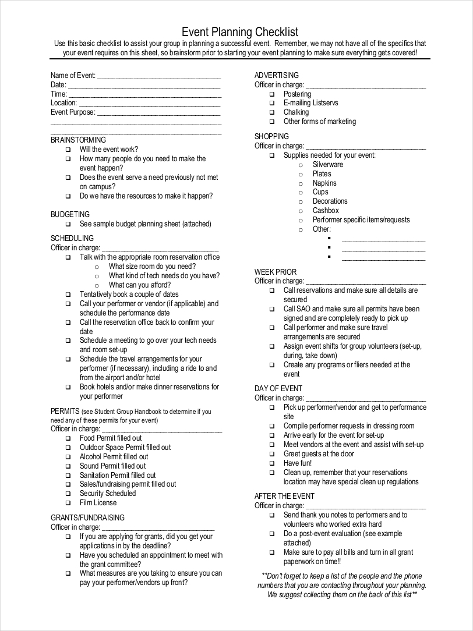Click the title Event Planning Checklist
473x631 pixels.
(x=240, y=31)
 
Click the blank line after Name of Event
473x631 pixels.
(x=158, y=76)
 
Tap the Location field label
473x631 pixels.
(x=63, y=103)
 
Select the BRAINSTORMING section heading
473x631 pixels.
(x=78, y=140)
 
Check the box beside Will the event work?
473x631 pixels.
(x=68, y=150)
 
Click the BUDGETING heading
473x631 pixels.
(x=70, y=214)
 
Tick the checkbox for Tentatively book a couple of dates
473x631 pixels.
(x=68, y=295)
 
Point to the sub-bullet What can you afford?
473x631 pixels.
(x=139, y=285)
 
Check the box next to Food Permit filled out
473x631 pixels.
(x=68, y=438)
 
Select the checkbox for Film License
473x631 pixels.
(x=68, y=503)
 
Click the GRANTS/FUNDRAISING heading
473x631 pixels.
(x=87, y=517)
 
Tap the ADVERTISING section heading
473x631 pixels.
(x=276, y=75)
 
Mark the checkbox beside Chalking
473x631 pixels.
(x=272, y=112)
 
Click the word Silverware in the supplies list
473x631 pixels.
(x=327, y=165)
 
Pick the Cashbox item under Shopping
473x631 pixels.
(x=325, y=211)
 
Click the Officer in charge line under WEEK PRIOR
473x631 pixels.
(x=366, y=281)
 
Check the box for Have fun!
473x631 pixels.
(x=272, y=463)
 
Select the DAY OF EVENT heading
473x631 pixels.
(x=278, y=388)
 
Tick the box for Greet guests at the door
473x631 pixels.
(x=272, y=454)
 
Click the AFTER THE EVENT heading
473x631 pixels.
(x=284, y=496)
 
